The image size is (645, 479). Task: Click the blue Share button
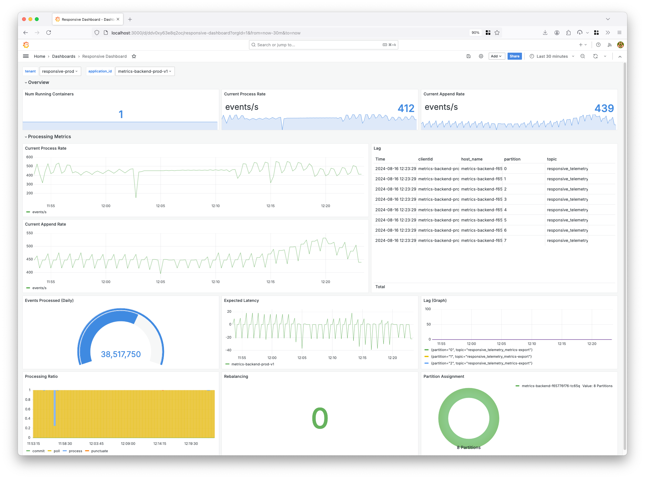pos(514,56)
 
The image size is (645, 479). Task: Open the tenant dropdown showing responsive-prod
pos(60,71)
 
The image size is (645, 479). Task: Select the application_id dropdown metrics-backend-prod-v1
pos(144,71)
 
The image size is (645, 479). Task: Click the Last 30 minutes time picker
pos(552,56)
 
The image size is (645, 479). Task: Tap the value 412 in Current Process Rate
pos(406,109)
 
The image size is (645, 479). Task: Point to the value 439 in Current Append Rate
pos(604,109)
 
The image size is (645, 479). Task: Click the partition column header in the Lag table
pos(512,159)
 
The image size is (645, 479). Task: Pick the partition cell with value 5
pos(505,220)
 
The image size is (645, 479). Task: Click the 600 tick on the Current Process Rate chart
pos(29,157)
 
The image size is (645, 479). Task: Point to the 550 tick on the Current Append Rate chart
pos(29,233)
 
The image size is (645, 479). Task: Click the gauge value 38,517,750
pos(121,354)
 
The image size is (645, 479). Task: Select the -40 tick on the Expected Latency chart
pos(228,350)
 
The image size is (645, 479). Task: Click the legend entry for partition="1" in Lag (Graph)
pos(481,356)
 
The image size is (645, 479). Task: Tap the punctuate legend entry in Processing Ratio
pos(99,451)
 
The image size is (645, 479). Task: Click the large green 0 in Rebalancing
pos(320,418)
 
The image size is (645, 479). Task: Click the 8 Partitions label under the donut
pos(469,447)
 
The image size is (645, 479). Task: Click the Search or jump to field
pos(323,45)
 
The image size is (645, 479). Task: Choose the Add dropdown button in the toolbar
pos(496,56)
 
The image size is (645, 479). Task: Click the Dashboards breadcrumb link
pos(64,56)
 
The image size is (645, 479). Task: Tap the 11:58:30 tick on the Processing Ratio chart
pos(65,444)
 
